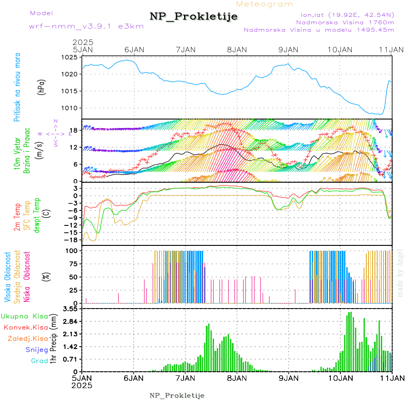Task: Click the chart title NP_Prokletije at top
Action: coord(194,17)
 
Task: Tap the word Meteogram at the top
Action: coord(265,4)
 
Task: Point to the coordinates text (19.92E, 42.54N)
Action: coord(348,14)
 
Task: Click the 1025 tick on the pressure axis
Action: coord(70,57)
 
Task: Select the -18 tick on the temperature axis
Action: coord(73,239)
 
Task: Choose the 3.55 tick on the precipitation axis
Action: coord(70,309)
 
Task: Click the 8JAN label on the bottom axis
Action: coord(237,378)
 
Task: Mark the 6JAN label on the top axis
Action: coord(134,50)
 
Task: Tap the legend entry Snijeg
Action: coord(37,349)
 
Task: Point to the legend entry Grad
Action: coord(40,361)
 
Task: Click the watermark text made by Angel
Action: coord(400,273)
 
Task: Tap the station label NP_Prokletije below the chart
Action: coord(177,395)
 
